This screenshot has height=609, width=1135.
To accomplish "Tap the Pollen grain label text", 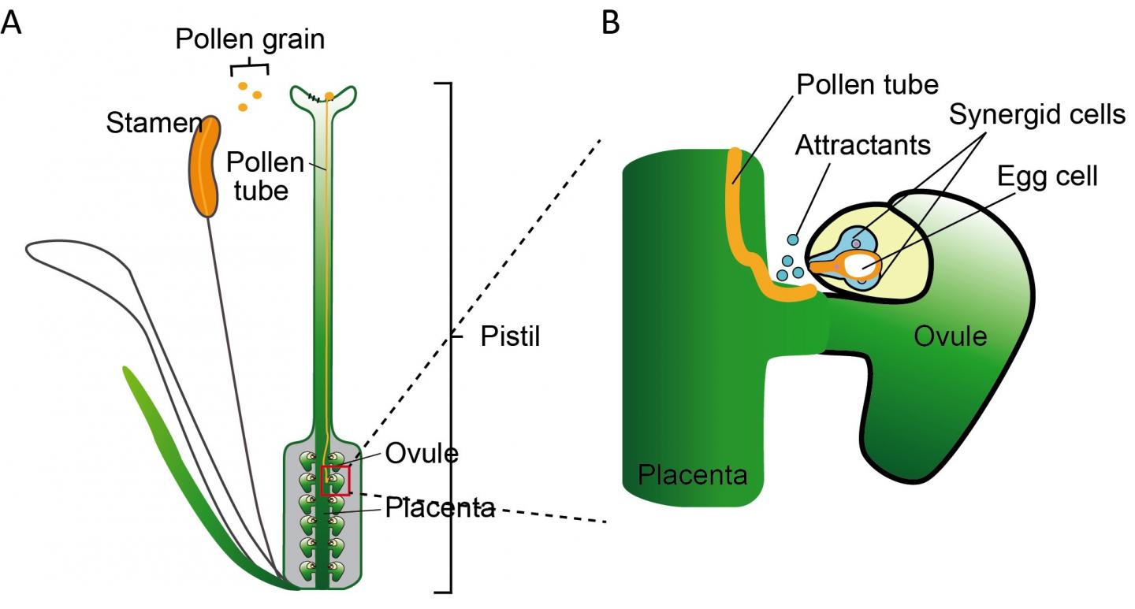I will [x=250, y=39].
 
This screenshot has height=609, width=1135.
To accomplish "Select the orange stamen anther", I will [x=204, y=165].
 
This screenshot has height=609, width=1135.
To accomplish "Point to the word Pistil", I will [x=510, y=338].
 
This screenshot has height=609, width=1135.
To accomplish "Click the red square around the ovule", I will [x=335, y=481].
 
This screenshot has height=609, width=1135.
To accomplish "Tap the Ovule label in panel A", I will [x=422, y=455].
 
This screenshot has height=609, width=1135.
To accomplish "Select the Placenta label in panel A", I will [x=440, y=508].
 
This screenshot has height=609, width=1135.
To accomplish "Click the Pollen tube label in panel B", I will [x=867, y=84].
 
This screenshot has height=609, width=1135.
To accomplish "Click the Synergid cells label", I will [x=1036, y=115].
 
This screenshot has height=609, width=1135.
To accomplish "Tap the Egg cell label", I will [x=1048, y=176].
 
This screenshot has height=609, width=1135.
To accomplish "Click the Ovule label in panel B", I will [x=951, y=336].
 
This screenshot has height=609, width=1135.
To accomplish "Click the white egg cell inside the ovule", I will [x=860, y=265].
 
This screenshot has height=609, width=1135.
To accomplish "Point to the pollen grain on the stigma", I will [x=329, y=96].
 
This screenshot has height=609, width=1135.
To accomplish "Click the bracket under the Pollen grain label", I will [x=250, y=65].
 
